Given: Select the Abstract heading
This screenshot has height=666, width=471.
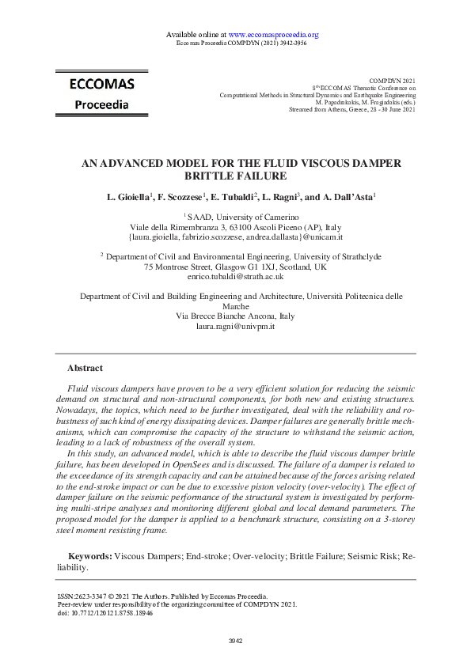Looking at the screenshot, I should pos(85,368).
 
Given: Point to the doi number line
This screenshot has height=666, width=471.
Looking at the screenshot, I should pos(105,612).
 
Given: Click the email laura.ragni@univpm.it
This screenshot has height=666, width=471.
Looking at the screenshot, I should pos(235,326).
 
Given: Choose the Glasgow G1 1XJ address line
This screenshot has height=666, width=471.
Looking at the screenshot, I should pos(235,267).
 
